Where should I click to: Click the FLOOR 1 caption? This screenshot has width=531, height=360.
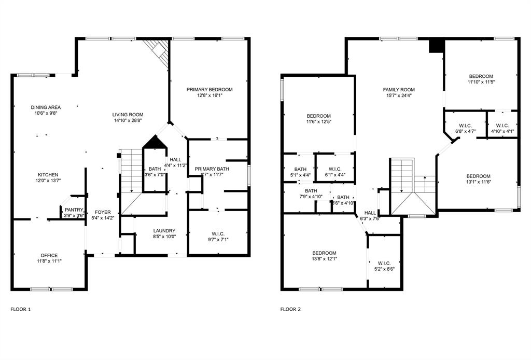[21, 309]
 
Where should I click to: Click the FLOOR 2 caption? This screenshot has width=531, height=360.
[290, 309]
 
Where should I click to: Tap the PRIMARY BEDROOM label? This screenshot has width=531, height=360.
[209, 90]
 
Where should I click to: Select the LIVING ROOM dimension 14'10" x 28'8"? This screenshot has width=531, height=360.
[128, 120]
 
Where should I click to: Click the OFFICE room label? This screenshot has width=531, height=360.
[49, 255]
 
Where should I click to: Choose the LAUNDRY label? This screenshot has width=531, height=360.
[164, 231]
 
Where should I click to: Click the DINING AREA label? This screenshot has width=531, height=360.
[46, 107]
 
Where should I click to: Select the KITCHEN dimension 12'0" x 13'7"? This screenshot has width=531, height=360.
[48, 181]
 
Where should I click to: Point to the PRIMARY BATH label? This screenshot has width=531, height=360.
[212, 169]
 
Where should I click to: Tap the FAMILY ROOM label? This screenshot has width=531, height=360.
[398, 90]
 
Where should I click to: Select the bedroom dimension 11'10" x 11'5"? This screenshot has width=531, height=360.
[481, 82]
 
